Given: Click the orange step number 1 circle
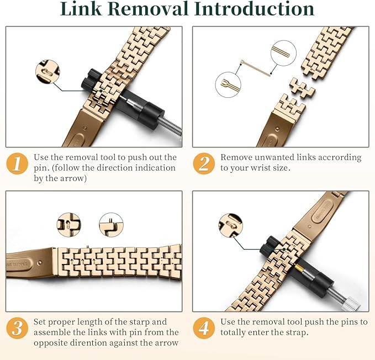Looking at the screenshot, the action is [17, 164].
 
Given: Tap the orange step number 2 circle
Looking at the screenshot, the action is [204, 164].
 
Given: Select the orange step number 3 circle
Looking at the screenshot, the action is [17, 328].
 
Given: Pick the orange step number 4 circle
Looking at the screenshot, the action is [204, 328].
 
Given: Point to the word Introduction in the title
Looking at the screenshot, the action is [254, 9].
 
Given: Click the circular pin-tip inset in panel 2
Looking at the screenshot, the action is [284, 53].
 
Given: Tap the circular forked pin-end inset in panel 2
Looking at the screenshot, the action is [228, 85].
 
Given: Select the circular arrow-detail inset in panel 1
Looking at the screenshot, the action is [47, 71].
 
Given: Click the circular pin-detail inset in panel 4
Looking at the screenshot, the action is [230, 225].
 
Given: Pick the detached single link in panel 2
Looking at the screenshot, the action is [302, 88].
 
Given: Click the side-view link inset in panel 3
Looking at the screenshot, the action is [111, 225].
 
